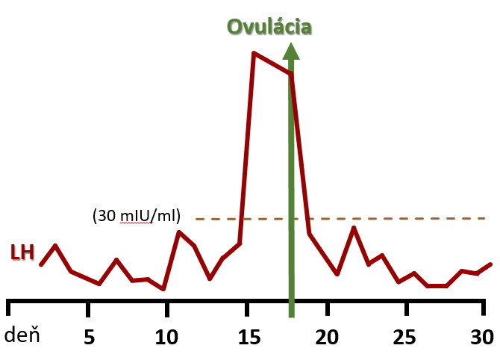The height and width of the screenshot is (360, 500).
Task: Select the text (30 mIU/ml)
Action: [x=137, y=217]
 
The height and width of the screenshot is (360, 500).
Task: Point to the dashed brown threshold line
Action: [x=388, y=218]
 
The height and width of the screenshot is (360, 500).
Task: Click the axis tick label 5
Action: [x=89, y=337]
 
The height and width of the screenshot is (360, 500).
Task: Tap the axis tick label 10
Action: [x=168, y=337]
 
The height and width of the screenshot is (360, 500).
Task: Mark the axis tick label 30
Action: [x=481, y=337]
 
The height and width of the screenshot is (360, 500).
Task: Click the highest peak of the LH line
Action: [x=254, y=54]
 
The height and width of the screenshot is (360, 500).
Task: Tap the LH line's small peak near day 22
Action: [x=354, y=228]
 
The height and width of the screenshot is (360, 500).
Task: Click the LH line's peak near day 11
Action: [x=179, y=232]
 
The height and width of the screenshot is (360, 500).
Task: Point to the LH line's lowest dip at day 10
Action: [x=163, y=288]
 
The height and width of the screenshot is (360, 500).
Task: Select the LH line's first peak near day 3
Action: [x=55, y=245]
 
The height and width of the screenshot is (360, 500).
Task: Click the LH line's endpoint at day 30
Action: [x=491, y=264]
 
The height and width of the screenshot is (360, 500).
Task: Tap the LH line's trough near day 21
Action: [x=337, y=274]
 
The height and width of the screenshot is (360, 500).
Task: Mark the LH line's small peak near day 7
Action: [x=116, y=260]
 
